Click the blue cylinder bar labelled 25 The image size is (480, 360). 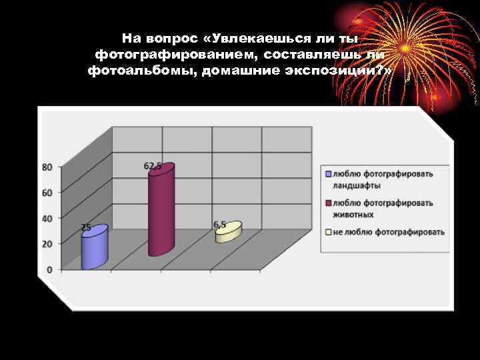(94, 247)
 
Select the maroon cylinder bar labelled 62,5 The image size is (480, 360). (161, 210)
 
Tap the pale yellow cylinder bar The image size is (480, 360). (228, 233)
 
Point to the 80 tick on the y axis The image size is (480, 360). (47, 167)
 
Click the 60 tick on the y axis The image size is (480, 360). (47, 193)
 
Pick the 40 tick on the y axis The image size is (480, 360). (47, 218)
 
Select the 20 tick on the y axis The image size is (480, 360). (47, 244)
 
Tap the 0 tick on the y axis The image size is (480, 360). (50, 269)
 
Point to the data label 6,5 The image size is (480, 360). (219, 223)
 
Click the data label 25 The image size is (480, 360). (86, 227)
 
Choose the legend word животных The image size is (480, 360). (352, 215)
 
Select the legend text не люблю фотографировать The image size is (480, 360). (387, 232)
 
